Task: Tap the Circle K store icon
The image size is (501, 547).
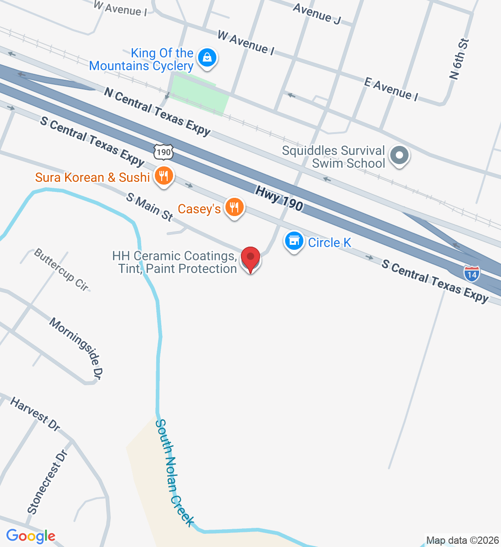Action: click(x=294, y=241)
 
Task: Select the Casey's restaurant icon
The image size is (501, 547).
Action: click(x=234, y=207)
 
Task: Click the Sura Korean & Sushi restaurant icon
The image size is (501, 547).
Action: click(x=164, y=175)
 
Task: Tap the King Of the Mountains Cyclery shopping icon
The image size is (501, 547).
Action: click(x=207, y=58)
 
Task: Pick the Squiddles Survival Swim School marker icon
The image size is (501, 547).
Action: click(x=399, y=155)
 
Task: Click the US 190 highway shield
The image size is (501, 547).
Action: click(x=164, y=151)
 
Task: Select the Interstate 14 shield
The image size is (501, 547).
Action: click(x=472, y=273)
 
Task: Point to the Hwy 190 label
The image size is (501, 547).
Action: click(x=279, y=198)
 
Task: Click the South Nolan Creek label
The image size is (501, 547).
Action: click(x=174, y=473)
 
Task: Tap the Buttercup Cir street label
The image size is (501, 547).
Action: click(x=61, y=269)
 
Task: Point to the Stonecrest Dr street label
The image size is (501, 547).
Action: click(x=47, y=482)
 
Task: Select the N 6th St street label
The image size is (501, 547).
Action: click(x=459, y=59)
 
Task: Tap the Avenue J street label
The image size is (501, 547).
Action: click(x=317, y=14)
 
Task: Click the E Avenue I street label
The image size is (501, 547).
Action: click(x=391, y=88)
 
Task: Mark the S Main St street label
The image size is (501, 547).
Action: click(x=150, y=207)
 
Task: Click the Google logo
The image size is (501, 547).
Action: click(x=31, y=536)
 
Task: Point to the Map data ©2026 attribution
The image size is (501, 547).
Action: click(x=462, y=541)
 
